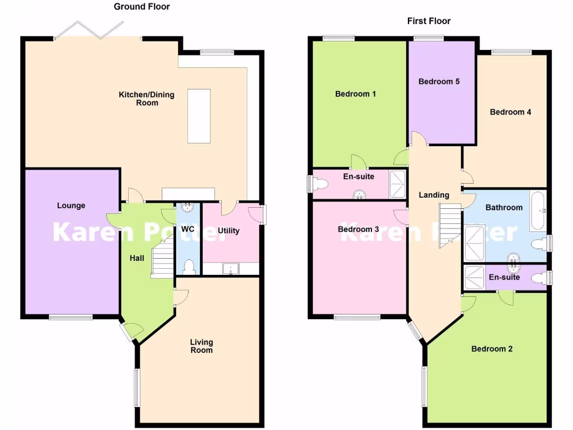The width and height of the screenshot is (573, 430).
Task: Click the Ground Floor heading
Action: point(142,7)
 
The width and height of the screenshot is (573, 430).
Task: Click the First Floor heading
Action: point(429,21)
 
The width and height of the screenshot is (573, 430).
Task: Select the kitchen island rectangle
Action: point(199,116)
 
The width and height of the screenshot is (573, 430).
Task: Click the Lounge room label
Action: point(71,205)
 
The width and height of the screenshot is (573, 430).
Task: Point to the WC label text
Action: point(187,228)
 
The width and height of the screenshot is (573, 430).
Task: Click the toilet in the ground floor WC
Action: point(189,266)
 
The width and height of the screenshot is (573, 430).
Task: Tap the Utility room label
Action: point(228,231)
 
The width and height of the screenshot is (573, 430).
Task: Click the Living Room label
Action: point(201,346)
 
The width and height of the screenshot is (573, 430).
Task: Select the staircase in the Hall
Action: point(162,258)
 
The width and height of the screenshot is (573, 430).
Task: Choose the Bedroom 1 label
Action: point(355,94)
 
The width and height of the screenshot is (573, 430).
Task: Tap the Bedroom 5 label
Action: point(439,81)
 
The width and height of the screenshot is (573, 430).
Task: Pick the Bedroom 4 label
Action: point(510,112)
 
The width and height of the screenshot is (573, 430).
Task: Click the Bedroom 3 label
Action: point(358,229)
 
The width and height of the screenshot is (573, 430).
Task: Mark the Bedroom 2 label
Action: point(492,349)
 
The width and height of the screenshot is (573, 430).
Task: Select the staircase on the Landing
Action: point(450,226)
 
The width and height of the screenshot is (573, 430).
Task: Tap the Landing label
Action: point(434,195)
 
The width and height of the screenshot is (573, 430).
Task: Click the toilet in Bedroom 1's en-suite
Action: point(320,184)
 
